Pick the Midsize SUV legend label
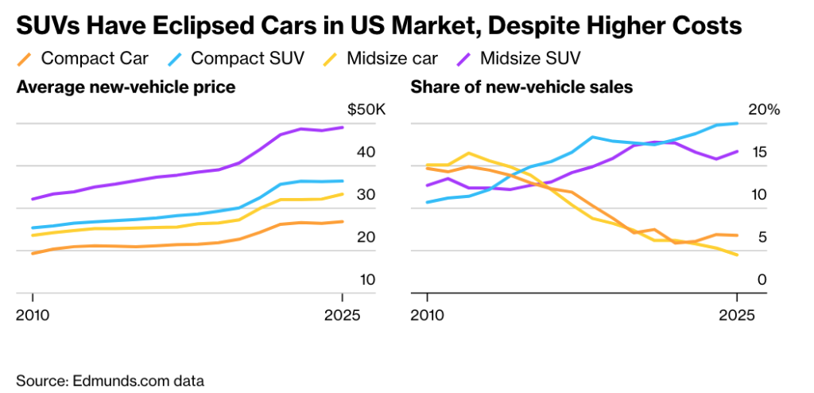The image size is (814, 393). click(x=530, y=58)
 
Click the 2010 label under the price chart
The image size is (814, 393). click(x=33, y=314)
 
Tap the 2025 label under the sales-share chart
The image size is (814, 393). click(x=737, y=314)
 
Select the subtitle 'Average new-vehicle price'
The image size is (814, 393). click(x=126, y=88)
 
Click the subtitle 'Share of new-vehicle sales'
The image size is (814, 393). click(x=521, y=88)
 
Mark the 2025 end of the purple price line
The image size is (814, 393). click(x=343, y=127)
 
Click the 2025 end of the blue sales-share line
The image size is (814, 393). click(x=738, y=123)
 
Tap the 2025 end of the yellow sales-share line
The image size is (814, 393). click(x=738, y=255)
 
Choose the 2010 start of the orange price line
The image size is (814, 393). click(x=33, y=253)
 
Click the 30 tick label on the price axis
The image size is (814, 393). click(x=366, y=194)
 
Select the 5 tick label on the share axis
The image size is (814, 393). click(x=761, y=237)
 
